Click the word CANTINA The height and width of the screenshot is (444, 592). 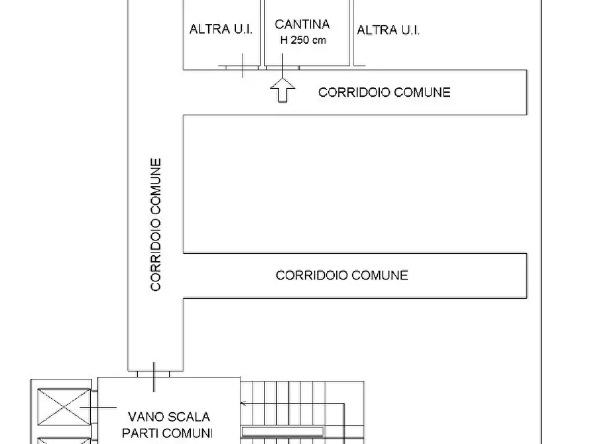coord(302,25)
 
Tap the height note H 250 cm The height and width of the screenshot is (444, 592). coord(303,40)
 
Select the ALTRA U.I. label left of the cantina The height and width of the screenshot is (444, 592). coord(221,29)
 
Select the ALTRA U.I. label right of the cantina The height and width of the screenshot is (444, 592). coord(388,30)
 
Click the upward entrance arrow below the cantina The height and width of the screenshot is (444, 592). coord(282,90)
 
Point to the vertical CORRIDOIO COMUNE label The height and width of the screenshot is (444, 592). coord(156,225)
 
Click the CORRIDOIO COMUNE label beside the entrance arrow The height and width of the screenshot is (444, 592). coord(385,93)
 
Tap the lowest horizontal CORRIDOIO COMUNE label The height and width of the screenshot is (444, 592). coord(342,275)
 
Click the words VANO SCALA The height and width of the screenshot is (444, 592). coord(169,417)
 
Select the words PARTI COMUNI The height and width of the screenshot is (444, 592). coord(167,433)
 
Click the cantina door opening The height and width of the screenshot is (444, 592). coord(282,68)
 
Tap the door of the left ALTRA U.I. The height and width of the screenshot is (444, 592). coord(242,68)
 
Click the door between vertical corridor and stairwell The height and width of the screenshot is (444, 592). coord(153,374)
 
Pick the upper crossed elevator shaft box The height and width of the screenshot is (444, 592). coord(64,407)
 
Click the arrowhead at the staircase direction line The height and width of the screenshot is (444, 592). coord(243,403)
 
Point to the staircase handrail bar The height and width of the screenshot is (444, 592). coord(282,431)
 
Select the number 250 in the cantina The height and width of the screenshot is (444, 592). coord(300,40)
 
